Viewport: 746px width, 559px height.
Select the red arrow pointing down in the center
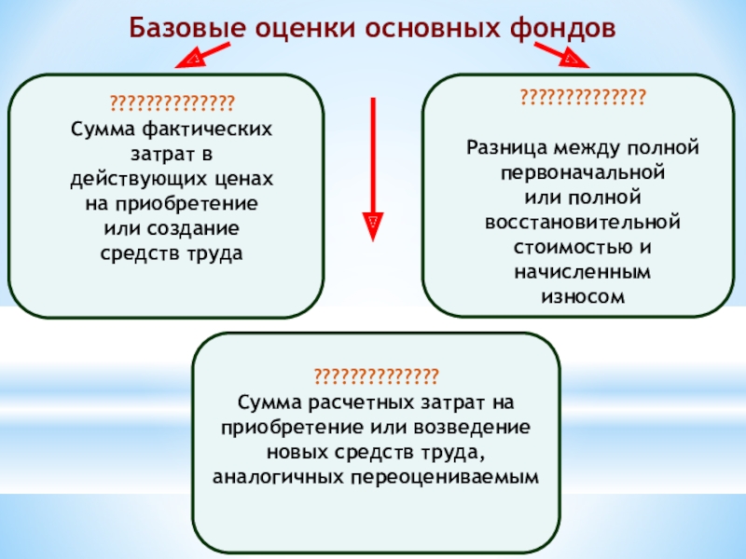pos(373,168)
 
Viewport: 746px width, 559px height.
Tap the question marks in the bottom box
pos(376,376)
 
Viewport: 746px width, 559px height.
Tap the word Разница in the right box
pos(504,148)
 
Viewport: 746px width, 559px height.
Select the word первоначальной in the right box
pos(582,173)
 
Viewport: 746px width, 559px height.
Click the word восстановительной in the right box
pos(582,224)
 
